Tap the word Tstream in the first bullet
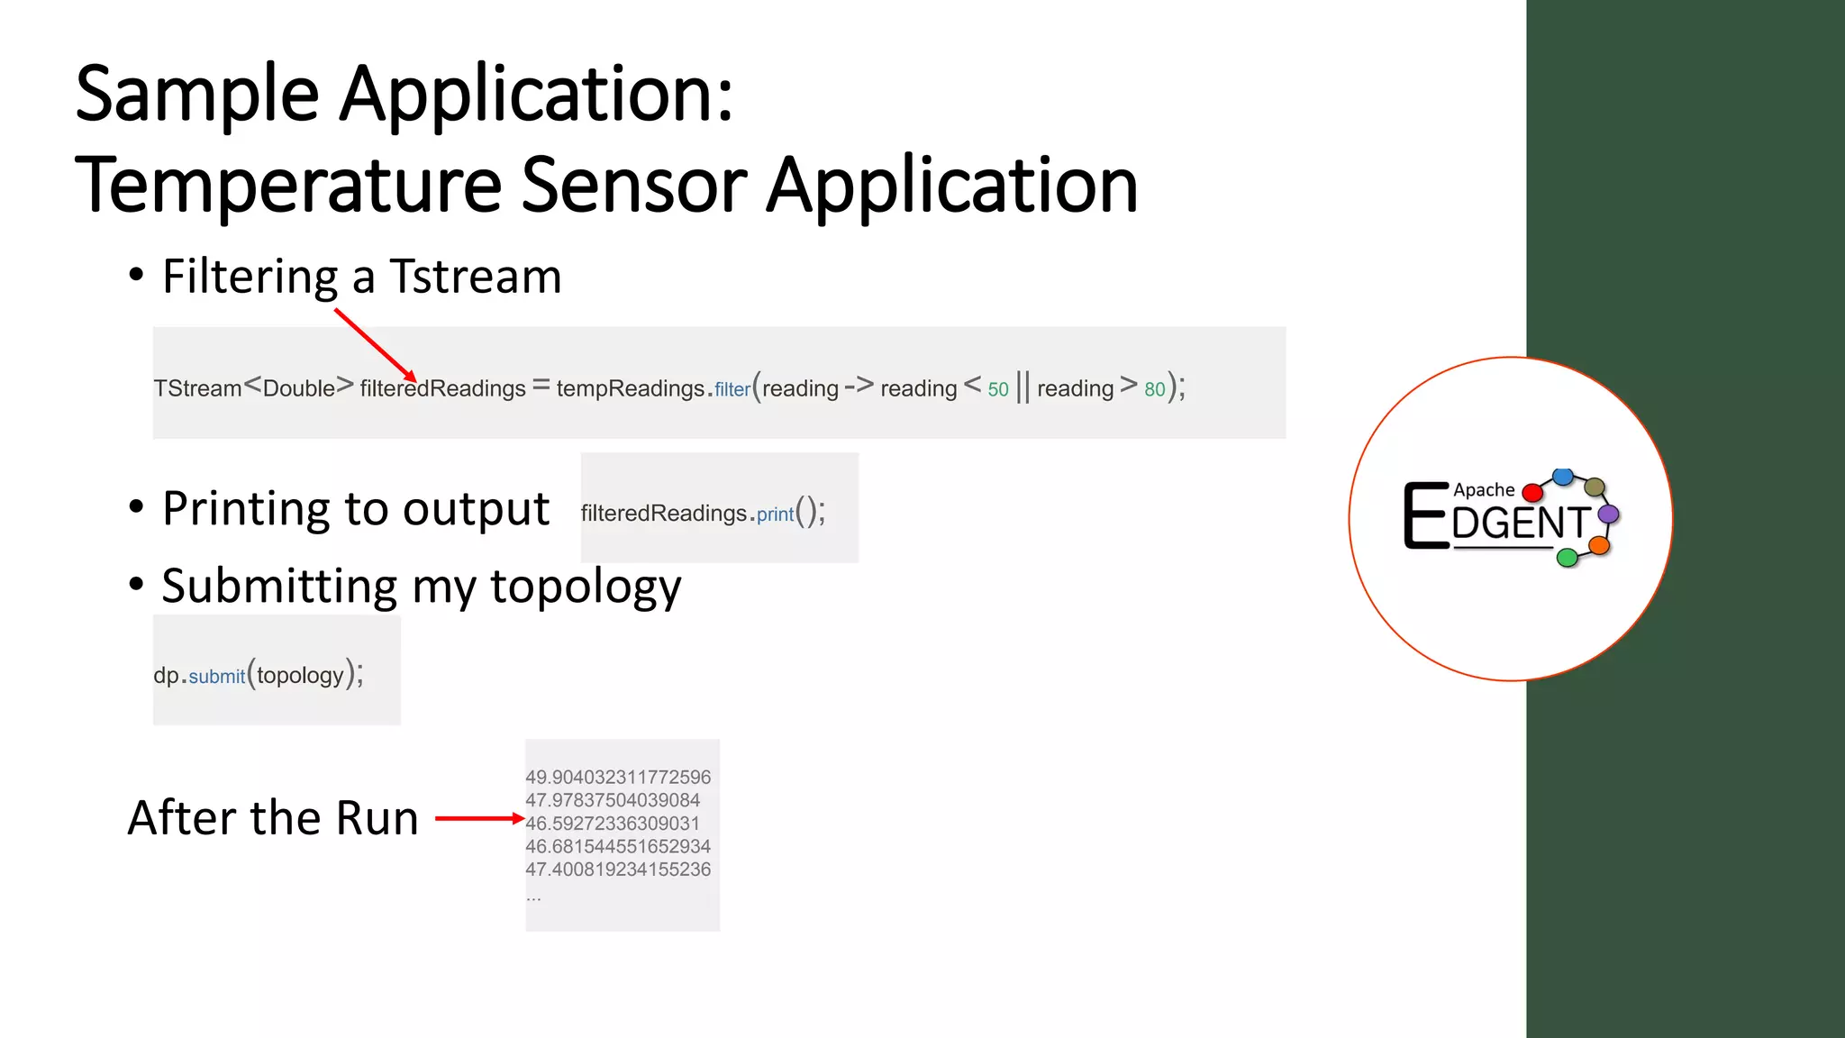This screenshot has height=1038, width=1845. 475,277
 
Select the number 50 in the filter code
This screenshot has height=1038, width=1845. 998,389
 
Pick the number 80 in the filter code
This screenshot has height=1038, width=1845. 1154,389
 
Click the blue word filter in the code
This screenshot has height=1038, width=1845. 732,389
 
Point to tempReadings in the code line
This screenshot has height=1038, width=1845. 630,388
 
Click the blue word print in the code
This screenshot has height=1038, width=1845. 775,514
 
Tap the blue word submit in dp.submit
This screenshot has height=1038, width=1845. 216,676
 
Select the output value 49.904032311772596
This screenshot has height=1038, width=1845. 618,777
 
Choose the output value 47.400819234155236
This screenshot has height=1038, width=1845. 618,870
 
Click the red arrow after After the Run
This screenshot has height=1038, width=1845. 478,818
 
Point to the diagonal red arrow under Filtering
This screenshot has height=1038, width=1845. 375,345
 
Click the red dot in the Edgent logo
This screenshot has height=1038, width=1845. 1531,493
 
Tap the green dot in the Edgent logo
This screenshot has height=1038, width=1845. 1568,558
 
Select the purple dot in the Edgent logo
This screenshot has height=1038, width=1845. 1608,514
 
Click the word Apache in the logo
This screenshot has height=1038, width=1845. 1484,490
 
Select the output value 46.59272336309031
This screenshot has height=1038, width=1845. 613,824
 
